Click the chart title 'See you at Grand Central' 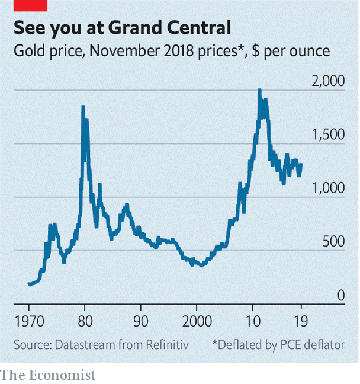(x=122, y=27)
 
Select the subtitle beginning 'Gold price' (x=172, y=52)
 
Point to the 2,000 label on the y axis (x=327, y=81)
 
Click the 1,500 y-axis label (x=327, y=135)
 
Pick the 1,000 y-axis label (x=327, y=188)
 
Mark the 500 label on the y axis (x=333, y=241)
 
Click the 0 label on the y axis (x=341, y=295)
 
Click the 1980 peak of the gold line (x=83, y=108)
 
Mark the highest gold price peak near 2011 (x=259, y=91)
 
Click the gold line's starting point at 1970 (x=29, y=284)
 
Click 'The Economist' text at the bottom (x=48, y=375)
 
